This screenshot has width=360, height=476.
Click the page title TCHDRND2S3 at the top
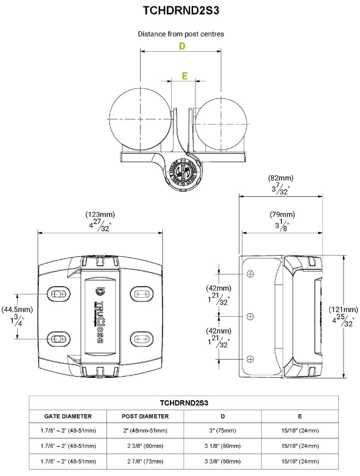[x=181, y=10]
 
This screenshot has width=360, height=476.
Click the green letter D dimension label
[x=182, y=46]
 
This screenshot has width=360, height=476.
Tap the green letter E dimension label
[x=185, y=76]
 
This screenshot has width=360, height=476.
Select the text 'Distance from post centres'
[x=181, y=34]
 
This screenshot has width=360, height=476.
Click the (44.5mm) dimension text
[x=17, y=309]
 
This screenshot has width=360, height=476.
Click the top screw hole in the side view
[x=250, y=274]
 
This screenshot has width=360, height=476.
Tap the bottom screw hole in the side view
[x=250, y=358]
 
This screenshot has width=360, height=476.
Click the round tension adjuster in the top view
[x=184, y=172]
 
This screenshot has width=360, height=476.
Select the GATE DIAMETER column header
[x=68, y=416]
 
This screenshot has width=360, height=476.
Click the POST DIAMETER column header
[x=145, y=416]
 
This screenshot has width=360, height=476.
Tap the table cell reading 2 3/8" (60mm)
[x=145, y=445]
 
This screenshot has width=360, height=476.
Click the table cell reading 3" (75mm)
[x=222, y=431]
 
